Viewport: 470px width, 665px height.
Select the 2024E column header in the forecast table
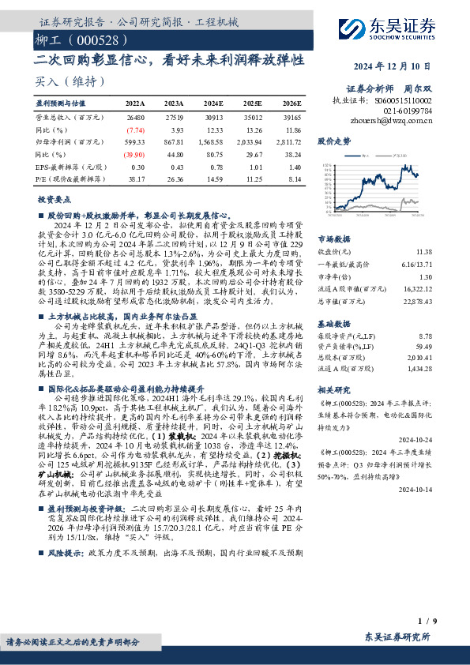tap(213, 103)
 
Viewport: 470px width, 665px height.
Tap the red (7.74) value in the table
tap(135, 129)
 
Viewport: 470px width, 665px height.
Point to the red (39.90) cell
tap(133, 154)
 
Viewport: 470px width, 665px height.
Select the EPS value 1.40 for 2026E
tap(293, 167)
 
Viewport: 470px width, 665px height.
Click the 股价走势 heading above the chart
tap(333, 141)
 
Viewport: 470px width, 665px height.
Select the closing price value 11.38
tap(423, 250)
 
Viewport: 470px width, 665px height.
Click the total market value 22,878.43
tap(416, 299)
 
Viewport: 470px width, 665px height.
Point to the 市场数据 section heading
tap(333, 237)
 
